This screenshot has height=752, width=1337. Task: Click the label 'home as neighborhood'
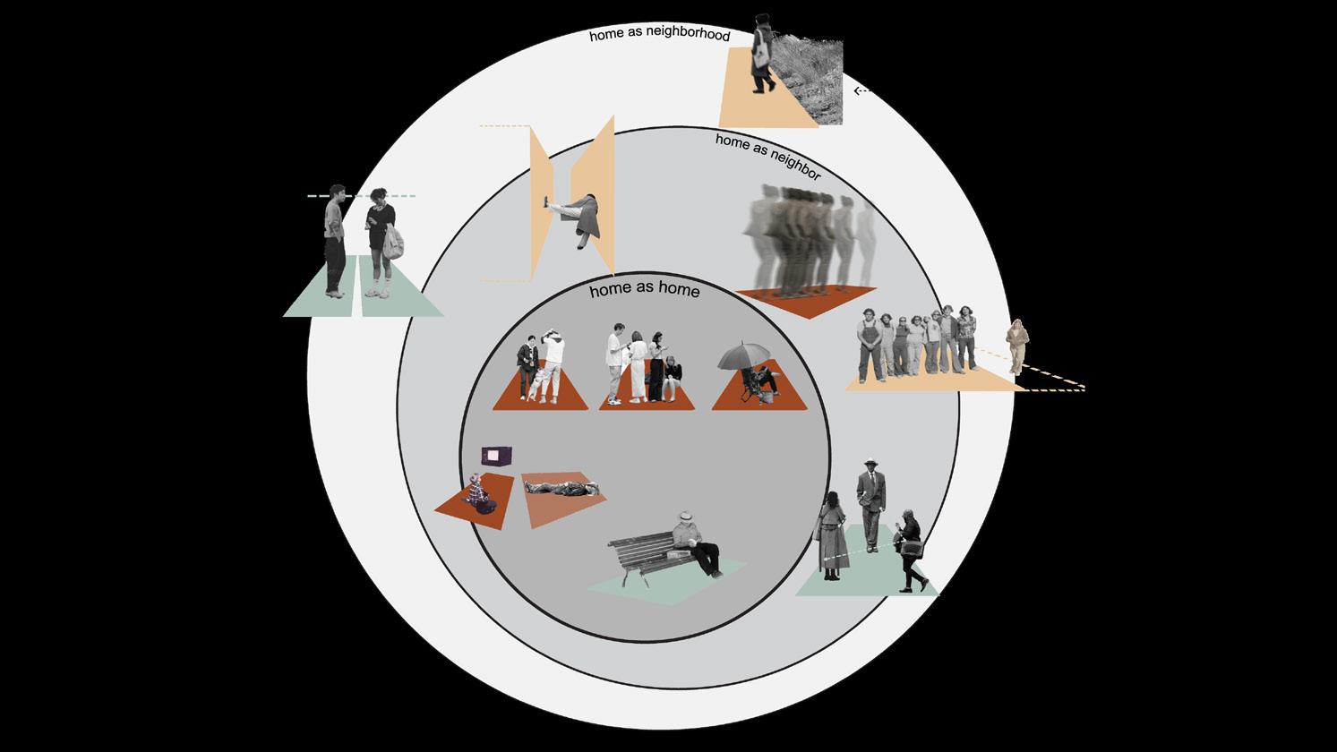pos(659,36)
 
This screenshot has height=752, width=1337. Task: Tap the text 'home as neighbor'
pos(767,156)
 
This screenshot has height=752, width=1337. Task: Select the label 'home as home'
pos(644,291)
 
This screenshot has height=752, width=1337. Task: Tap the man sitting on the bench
pos(696,543)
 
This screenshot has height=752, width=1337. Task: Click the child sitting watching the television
pos(479,495)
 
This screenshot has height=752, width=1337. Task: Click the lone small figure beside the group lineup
pos(1017,345)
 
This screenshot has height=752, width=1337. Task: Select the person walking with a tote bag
pos(762,54)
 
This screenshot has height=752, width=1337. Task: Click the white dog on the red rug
pos(536,387)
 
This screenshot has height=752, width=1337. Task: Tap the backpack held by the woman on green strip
pos(393,242)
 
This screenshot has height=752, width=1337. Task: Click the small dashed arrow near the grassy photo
pos(862,90)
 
